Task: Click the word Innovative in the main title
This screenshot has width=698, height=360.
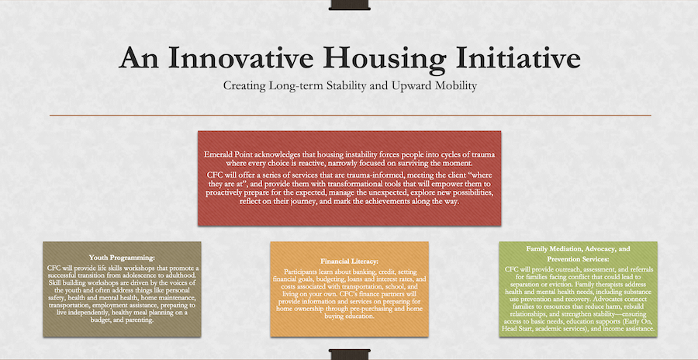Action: tap(243, 58)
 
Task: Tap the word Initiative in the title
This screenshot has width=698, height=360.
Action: tap(518, 58)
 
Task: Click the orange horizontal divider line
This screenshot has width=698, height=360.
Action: tap(350, 116)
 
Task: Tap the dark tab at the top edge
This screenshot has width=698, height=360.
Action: tap(350, 5)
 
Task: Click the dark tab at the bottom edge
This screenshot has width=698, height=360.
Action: tap(350, 355)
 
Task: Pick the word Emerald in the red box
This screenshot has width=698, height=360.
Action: tap(218, 154)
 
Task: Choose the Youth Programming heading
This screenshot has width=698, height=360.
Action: tap(122, 258)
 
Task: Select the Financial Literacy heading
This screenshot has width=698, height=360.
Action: tap(349, 261)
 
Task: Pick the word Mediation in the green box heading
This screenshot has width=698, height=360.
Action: tap(564, 249)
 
